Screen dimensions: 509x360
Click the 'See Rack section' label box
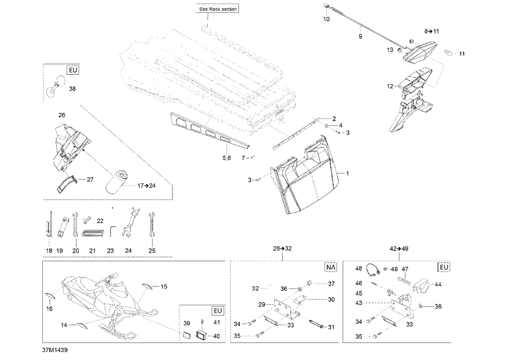tap(218, 9)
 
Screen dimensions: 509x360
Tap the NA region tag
tap(331, 267)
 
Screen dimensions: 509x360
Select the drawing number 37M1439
tap(55, 350)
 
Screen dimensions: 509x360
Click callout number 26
tap(62, 115)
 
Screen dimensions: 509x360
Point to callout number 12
tap(390, 86)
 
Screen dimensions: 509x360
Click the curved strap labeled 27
tap(67, 183)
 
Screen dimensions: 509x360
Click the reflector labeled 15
tap(148, 286)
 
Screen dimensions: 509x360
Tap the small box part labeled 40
tap(201, 335)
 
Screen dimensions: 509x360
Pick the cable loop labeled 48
tap(373, 270)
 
